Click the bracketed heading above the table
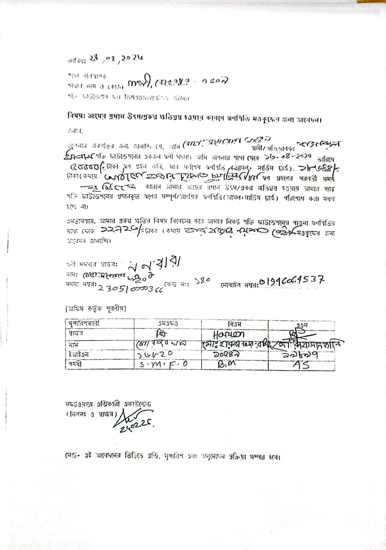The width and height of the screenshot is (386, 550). (96, 309)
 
